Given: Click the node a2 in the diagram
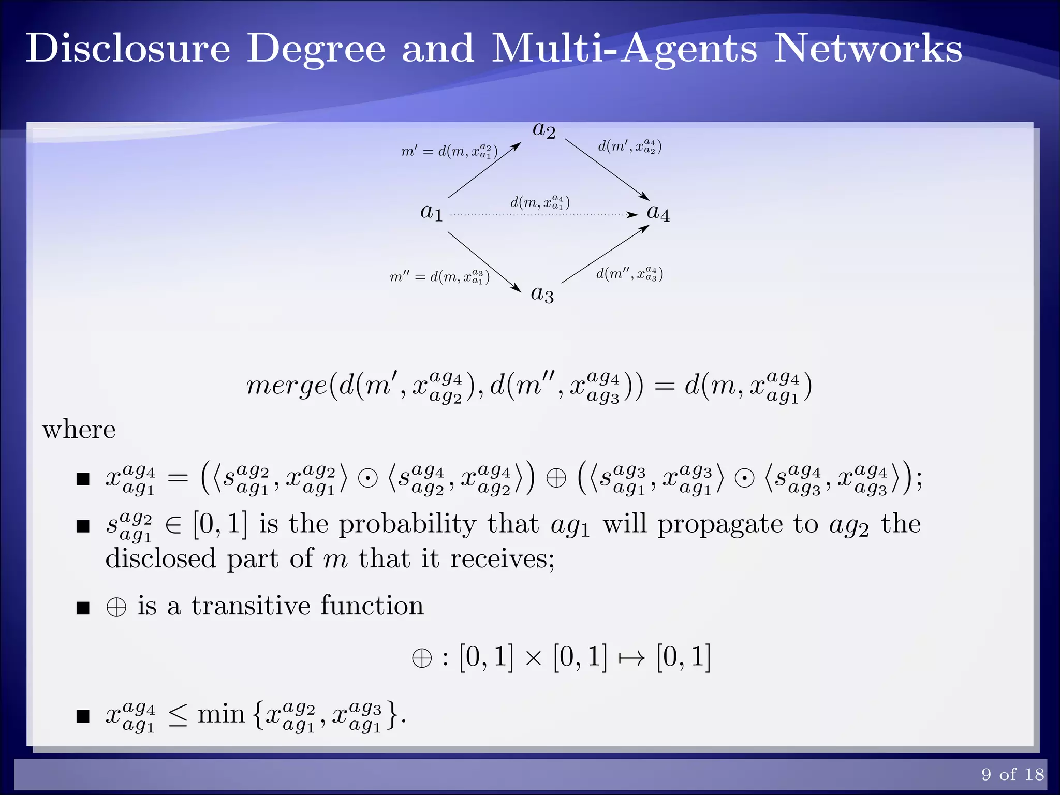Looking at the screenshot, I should click(544, 131).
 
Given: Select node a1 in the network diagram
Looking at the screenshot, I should click(432, 212).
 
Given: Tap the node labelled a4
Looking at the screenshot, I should click(658, 213).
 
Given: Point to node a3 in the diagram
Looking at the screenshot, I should click(542, 295).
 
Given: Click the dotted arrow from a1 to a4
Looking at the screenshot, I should click(543, 214).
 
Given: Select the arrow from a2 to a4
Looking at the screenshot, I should click(607, 169).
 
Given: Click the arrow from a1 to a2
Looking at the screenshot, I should click(484, 170).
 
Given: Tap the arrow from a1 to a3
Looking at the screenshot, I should click(484, 261).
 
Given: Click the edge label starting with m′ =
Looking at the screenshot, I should click(449, 152).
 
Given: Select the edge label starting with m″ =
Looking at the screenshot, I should click(439, 277).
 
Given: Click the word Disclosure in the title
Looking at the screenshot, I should click(128, 49).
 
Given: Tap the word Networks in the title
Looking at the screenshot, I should click(867, 49).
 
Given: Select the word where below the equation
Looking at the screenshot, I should click(79, 430).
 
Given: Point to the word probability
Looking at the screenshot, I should click(407, 524).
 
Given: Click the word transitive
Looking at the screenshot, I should click(250, 606).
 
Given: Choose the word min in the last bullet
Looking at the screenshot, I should click(221, 715).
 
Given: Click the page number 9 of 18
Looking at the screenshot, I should click(1012, 774).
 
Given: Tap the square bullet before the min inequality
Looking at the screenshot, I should click(83, 716).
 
